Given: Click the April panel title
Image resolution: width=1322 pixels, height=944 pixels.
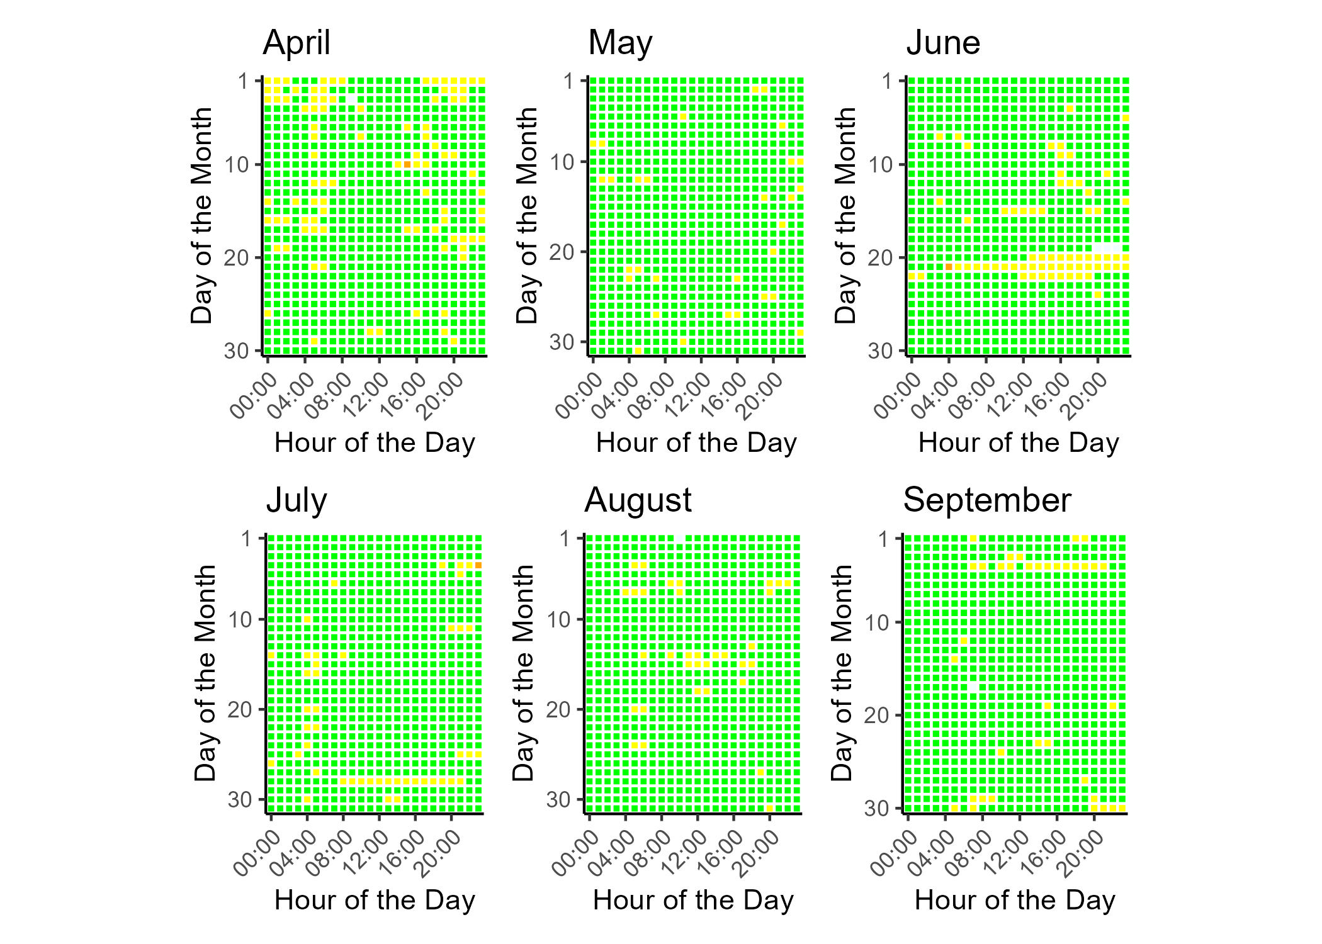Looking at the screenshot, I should click(297, 43).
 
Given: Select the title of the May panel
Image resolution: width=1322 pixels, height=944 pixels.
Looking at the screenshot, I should click(620, 43).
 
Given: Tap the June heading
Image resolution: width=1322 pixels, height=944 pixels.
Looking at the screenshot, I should click(943, 43).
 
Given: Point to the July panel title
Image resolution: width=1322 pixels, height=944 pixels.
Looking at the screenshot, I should click(297, 501).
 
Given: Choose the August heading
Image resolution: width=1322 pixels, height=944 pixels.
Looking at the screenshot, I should click(638, 501).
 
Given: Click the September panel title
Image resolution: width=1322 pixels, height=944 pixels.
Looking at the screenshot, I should click(987, 501).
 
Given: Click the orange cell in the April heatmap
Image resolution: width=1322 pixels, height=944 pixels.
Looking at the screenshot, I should click(407, 164).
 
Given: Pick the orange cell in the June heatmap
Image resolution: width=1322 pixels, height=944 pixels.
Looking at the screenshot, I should click(949, 267).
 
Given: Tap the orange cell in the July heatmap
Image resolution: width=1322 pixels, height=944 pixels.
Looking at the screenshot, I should click(478, 565).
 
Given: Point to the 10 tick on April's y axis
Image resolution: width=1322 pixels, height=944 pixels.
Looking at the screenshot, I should click(237, 165).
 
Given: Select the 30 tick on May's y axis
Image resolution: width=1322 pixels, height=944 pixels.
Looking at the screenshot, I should click(562, 342).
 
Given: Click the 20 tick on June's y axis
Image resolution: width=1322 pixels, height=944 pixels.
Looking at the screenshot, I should click(881, 257).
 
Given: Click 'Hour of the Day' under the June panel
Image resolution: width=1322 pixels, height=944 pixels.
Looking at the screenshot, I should click(1019, 443).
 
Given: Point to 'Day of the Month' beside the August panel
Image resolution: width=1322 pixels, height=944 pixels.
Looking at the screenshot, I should click(524, 673).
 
